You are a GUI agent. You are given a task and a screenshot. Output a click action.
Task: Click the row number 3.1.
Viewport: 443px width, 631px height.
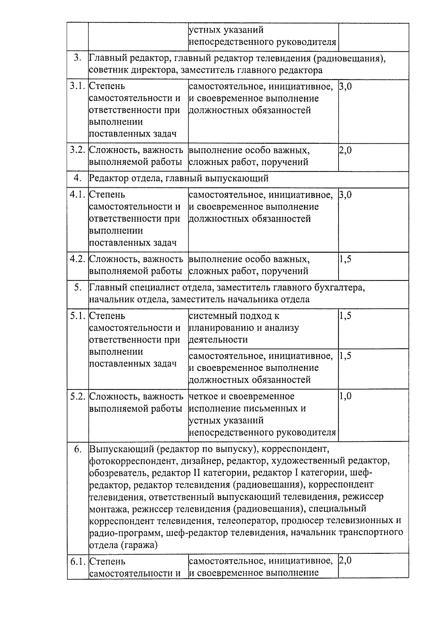pos(78,86)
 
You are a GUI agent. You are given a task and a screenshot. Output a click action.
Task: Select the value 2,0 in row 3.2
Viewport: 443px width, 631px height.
pos(345,150)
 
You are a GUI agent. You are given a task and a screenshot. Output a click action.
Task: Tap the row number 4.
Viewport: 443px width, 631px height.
pos(78,178)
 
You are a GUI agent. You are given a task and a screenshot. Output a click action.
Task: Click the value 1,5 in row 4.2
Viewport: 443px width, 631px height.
pos(345,259)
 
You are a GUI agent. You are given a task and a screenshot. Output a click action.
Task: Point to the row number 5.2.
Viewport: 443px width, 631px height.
pos(78,396)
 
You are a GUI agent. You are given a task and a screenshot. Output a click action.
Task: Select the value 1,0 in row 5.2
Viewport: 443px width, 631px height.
pos(345,396)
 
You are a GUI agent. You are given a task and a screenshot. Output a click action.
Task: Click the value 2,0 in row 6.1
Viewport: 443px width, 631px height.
pos(345,561)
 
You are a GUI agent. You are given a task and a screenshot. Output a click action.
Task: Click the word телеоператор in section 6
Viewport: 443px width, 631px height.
pos(247,521)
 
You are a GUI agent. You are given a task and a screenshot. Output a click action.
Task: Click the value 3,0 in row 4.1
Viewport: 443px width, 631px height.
pos(345,195)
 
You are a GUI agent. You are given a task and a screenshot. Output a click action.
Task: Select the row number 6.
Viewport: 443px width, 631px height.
pos(78,449)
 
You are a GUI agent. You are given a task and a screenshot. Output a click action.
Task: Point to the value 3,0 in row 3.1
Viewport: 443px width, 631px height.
pos(345,86)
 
